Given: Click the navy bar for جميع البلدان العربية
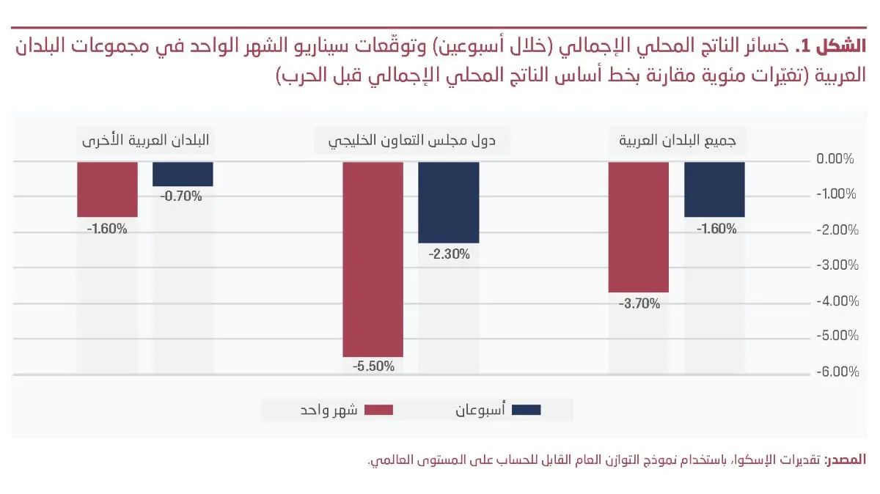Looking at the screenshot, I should click(x=714, y=189).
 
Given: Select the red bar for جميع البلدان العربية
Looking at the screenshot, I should click(x=639, y=226).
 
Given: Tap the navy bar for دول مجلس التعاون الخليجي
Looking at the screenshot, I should click(x=448, y=202).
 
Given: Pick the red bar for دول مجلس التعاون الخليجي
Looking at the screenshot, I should click(x=373, y=259).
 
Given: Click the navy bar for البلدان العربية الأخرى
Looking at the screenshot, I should click(x=183, y=174).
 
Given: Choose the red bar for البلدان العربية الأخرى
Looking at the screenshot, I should click(x=107, y=189).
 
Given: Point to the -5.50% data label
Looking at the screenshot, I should click(x=373, y=366).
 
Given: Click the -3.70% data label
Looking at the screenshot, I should click(x=639, y=302).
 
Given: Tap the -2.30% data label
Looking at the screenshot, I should click(x=448, y=254).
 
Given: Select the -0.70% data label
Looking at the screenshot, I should click(x=183, y=196).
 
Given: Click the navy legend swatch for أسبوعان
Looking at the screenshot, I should click(x=527, y=410).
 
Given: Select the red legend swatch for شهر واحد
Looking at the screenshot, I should click(x=378, y=410).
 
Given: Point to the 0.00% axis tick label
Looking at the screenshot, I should click(x=836, y=159).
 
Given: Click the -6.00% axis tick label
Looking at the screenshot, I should click(x=836, y=372).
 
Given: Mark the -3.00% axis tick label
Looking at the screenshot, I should click(x=836, y=265).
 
